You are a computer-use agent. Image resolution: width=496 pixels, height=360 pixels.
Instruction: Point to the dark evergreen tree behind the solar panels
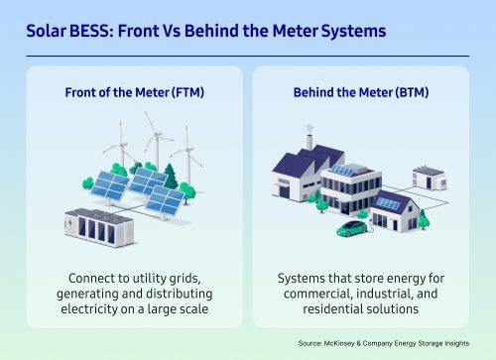pos(170,177)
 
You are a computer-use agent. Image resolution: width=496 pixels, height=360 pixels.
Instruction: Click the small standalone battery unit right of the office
pos(429,179)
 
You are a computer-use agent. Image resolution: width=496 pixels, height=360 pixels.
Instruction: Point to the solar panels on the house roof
pos(388,204)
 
